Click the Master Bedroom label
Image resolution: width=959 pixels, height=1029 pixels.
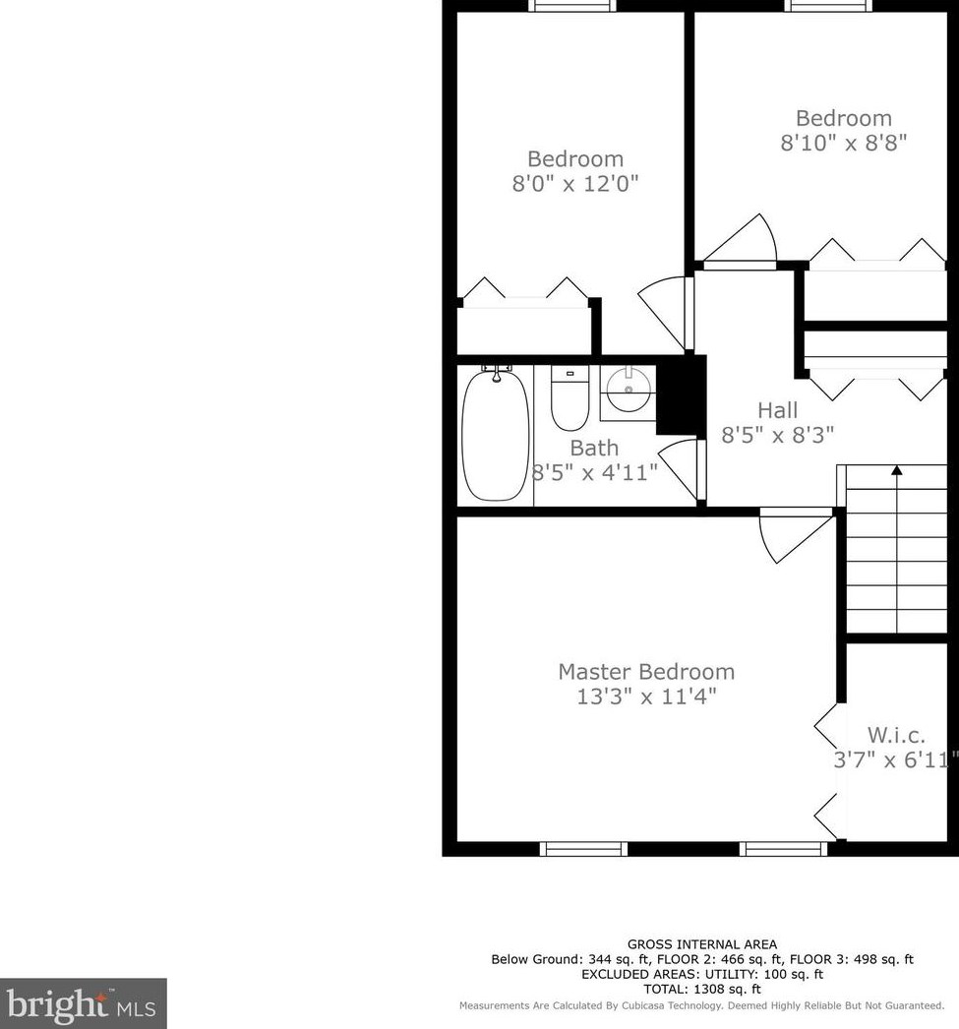(x=646, y=672)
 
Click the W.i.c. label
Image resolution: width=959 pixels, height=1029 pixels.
(x=895, y=735)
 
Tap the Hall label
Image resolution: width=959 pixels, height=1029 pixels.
(x=777, y=410)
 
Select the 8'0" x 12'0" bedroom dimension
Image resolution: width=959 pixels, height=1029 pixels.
(x=575, y=184)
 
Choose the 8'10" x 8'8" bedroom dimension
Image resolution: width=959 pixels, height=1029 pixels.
(x=843, y=143)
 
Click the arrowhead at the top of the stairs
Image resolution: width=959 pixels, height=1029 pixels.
(x=897, y=471)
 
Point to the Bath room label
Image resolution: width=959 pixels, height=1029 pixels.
(x=594, y=449)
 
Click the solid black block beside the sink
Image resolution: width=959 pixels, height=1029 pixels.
(x=680, y=393)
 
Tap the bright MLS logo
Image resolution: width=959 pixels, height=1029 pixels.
(x=83, y=1002)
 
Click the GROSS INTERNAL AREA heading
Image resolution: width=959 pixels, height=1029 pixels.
(x=702, y=944)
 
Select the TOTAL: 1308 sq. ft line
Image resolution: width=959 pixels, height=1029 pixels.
(x=702, y=989)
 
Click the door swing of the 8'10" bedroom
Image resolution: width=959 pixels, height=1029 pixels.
(x=749, y=241)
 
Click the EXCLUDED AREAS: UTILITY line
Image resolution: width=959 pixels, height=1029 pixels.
(x=702, y=974)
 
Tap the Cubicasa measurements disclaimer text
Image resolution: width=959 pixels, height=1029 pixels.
(x=702, y=1005)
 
